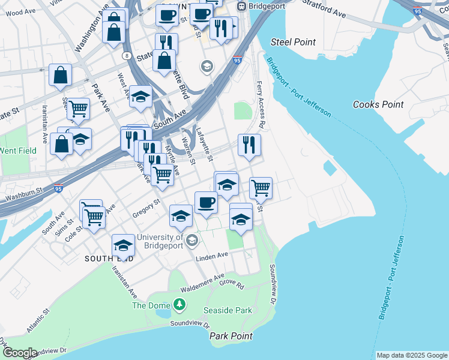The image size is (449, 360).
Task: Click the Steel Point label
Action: (x=293, y=41)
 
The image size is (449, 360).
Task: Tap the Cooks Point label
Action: (x=378, y=104)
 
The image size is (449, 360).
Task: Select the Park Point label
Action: (x=231, y=336)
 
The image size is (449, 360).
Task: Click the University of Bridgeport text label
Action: (x=160, y=242)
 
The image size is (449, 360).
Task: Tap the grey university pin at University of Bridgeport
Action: (x=192, y=241)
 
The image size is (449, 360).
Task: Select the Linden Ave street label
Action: (x=214, y=256)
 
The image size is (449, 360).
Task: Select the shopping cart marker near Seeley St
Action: (x=78, y=109)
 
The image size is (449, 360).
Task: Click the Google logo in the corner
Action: (x=19, y=353)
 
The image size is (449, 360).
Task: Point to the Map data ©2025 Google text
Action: (x=412, y=355)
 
